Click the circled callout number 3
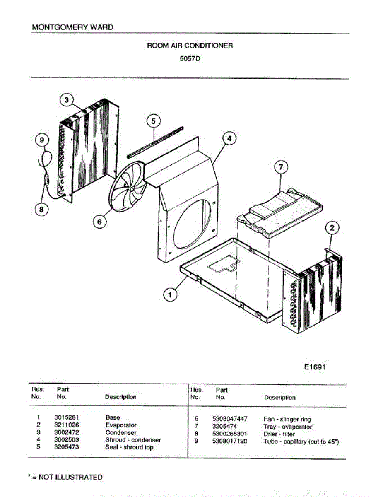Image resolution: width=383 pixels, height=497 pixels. (67, 100)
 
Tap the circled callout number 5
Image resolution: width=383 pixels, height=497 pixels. (153, 121)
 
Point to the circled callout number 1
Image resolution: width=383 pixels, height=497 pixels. (169, 295)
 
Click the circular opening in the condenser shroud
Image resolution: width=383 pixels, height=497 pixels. (193, 223)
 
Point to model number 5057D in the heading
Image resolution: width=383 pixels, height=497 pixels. (190, 58)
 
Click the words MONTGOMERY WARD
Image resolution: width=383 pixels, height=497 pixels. (72, 27)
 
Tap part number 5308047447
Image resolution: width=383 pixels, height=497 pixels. (230, 419)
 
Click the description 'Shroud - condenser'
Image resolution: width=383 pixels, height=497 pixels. (133, 440)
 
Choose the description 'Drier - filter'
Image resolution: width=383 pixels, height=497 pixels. (279, 434)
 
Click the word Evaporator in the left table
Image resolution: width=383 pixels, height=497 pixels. (121, 425)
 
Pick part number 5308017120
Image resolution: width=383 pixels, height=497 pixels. (230, 442)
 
